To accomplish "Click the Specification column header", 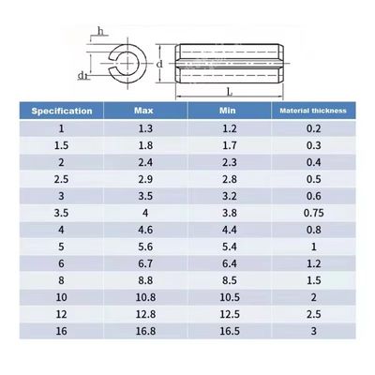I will [x=62, y=112].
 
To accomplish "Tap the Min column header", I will [x=228, y=112].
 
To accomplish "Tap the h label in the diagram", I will [x=99, y=32].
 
